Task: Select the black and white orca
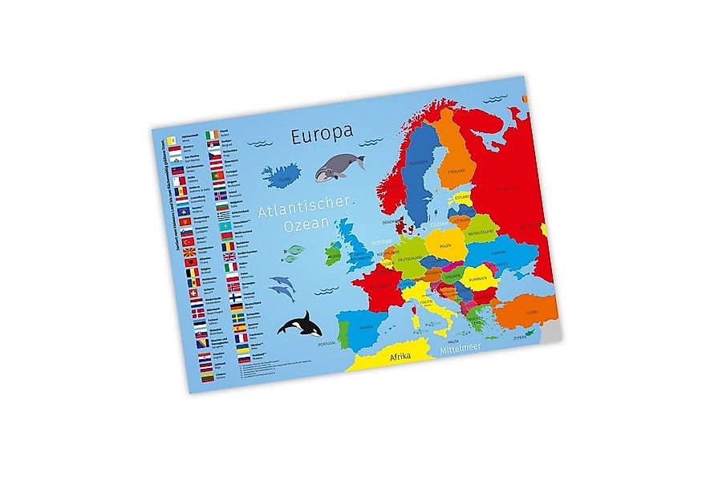301,324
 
